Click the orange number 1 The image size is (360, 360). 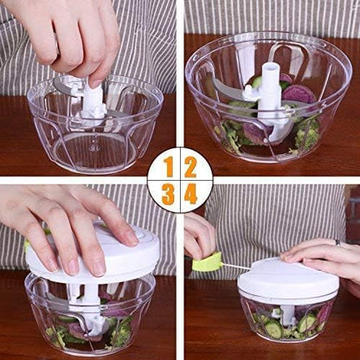tap(169, 165)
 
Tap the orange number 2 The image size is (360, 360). tap(190, 165)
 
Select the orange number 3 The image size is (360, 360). tap(169, 194)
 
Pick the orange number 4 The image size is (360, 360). tap(190, 194)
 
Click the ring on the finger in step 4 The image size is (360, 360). tap(337, 243)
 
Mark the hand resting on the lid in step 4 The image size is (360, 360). tap(325, 255)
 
